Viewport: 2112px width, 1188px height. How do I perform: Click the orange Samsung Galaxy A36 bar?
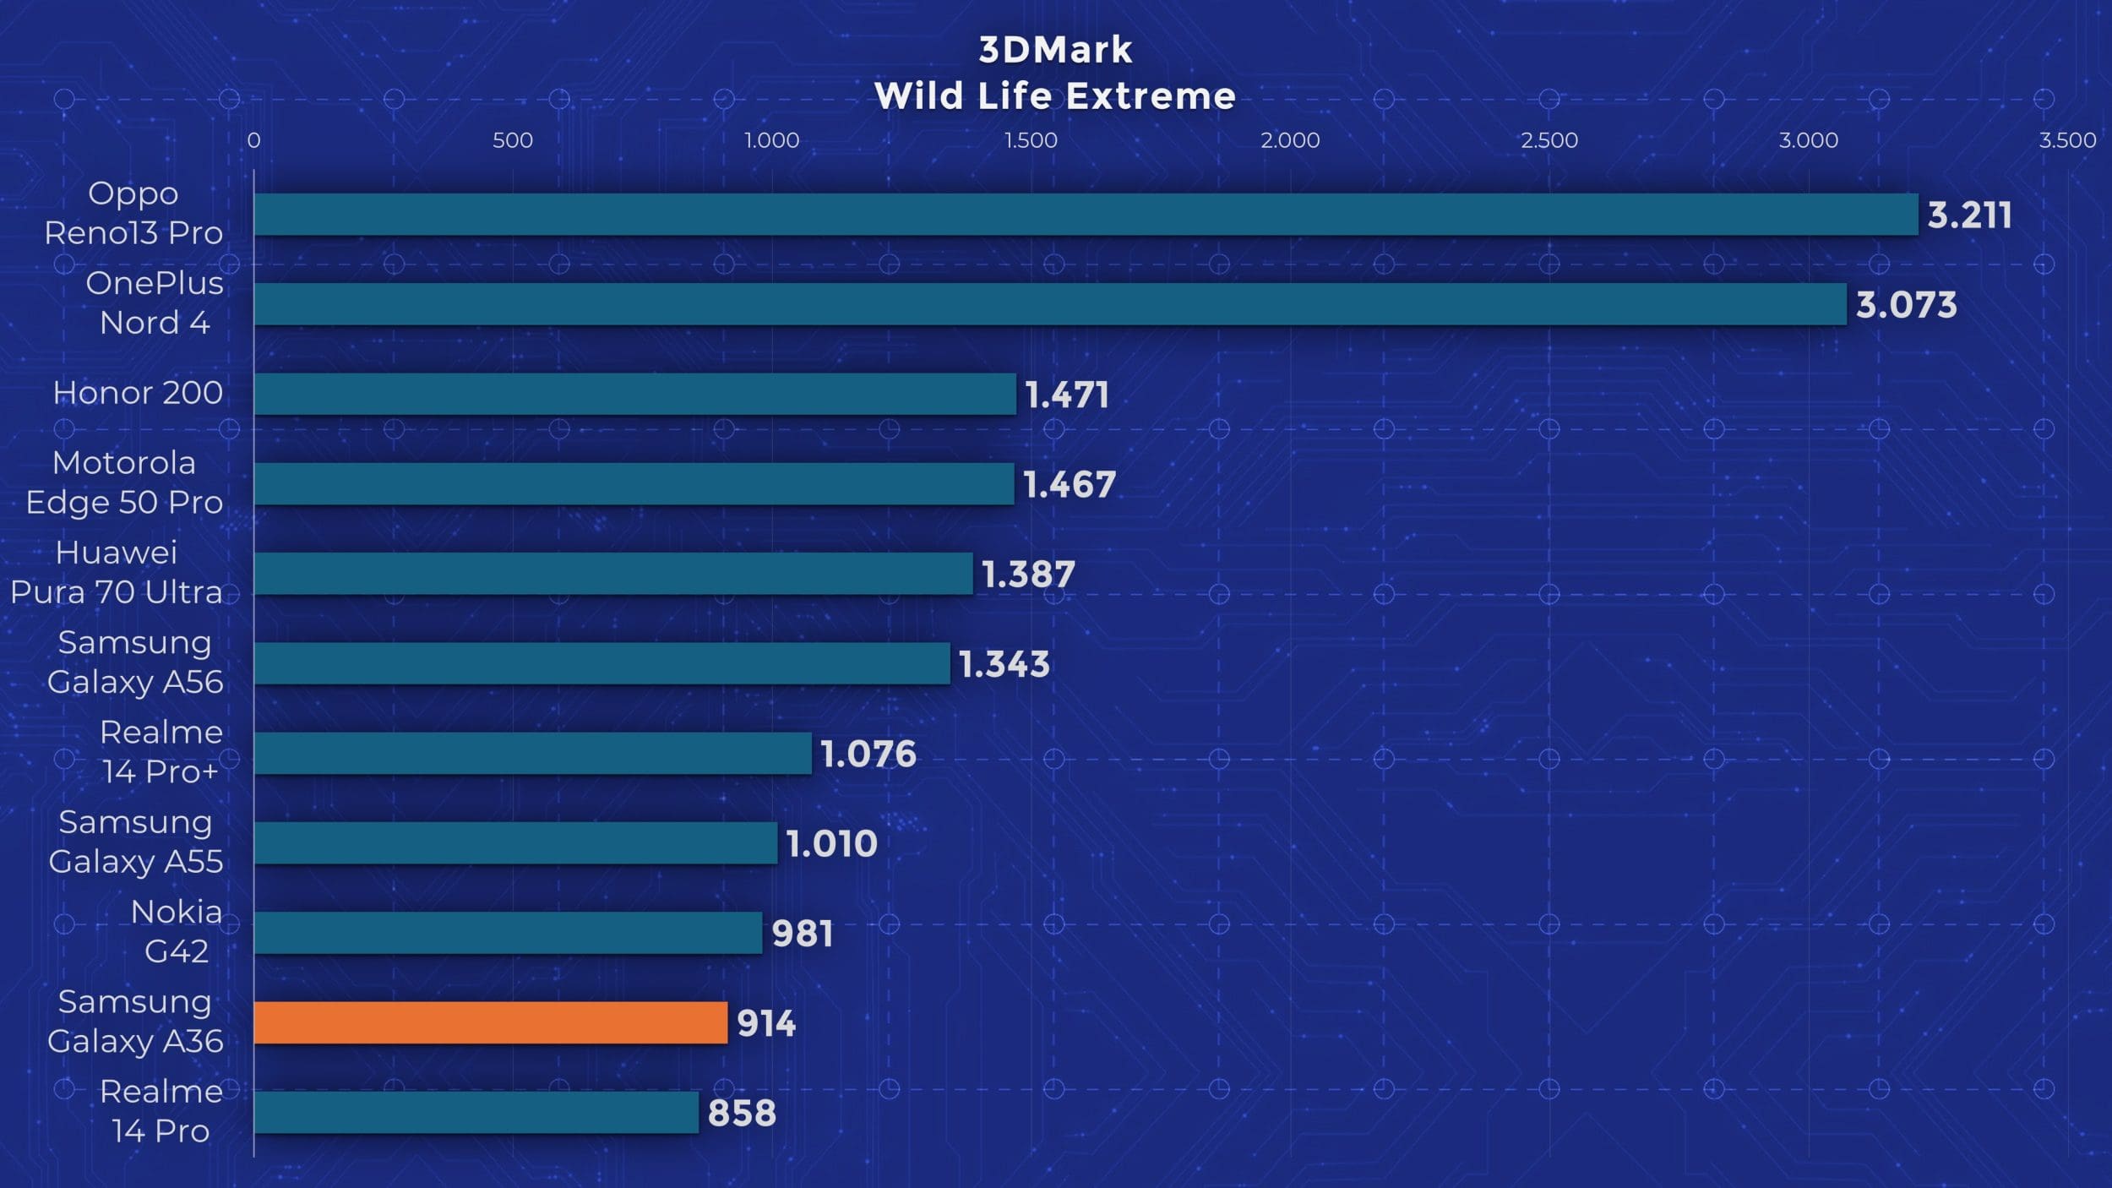click(490, 1022)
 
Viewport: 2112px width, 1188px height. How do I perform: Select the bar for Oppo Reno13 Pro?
click(1086, 214)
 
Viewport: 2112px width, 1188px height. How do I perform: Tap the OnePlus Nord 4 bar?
click(1049, 304)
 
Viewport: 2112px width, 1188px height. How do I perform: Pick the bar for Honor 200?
click(634, 394)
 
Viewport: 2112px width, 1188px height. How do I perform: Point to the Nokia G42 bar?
click(508, 933)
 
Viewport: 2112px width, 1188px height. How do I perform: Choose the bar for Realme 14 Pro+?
click(532, 753)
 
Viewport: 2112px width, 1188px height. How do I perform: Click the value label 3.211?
click(1968, 215)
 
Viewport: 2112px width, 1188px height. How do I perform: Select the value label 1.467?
click(1070, 484)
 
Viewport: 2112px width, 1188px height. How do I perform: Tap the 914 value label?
click(766, 1023)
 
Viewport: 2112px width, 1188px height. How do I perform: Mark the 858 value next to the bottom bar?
click(742, 1113)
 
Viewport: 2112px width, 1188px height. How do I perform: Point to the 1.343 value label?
click(1004, 664)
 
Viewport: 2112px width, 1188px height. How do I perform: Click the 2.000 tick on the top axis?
click(1290, 140)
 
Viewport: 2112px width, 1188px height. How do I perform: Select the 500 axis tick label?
click(513, 140)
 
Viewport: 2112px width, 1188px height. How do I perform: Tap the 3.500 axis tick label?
click(2067, 140)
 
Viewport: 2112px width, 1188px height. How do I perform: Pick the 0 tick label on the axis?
click(253, 140)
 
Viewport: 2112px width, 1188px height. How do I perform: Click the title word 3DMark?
click(1055, 50)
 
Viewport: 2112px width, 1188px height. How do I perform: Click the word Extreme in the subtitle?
click(1151, 96)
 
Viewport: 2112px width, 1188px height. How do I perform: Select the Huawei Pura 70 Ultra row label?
click(117, 572)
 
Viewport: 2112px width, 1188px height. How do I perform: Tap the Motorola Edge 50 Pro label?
click(124, 482)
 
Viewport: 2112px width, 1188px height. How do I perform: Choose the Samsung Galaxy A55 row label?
click(135, 842)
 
